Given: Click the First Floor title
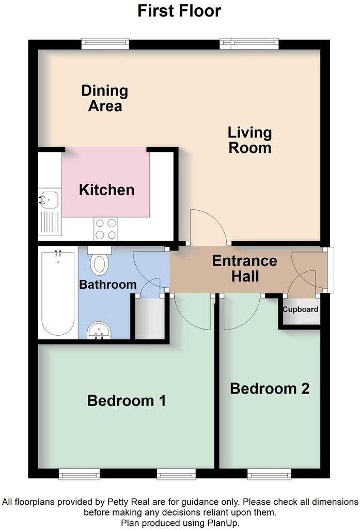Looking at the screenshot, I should (x=179, y=11).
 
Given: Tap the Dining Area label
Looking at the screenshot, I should (x=105, y=98).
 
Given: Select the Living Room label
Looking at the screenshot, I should (x=249, y=140).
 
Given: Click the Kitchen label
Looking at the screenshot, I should (x=106, y=190).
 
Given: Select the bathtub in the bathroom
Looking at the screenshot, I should (x=57, y=292).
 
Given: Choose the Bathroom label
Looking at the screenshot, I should (x=107, y=284).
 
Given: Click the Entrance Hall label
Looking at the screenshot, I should (x=245, y=269).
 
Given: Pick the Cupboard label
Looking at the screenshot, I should (x=300, y=309).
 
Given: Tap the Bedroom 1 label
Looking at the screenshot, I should (x=127, y=400).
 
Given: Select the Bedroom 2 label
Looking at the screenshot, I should (x=270, y=388).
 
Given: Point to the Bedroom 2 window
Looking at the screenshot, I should (x=269, y=474).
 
